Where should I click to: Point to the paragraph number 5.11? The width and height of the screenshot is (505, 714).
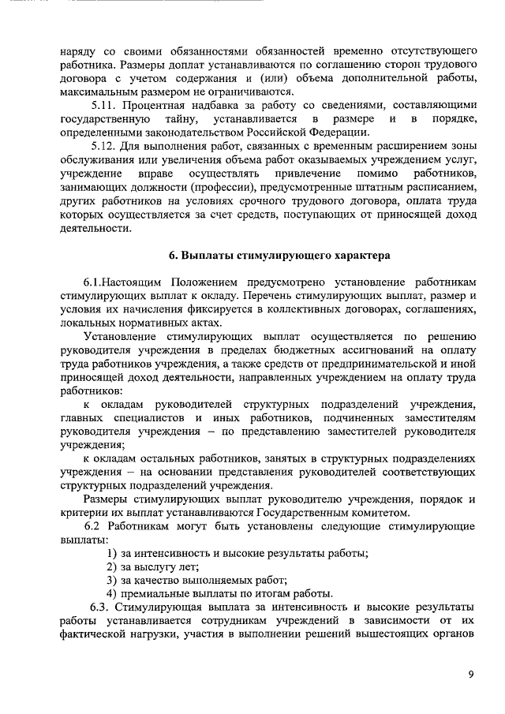click(x=104, y=104)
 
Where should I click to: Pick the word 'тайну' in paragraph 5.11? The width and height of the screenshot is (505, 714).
click(x=164, y=118)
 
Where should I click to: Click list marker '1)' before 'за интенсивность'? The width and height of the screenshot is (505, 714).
click(x=112, y=552)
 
